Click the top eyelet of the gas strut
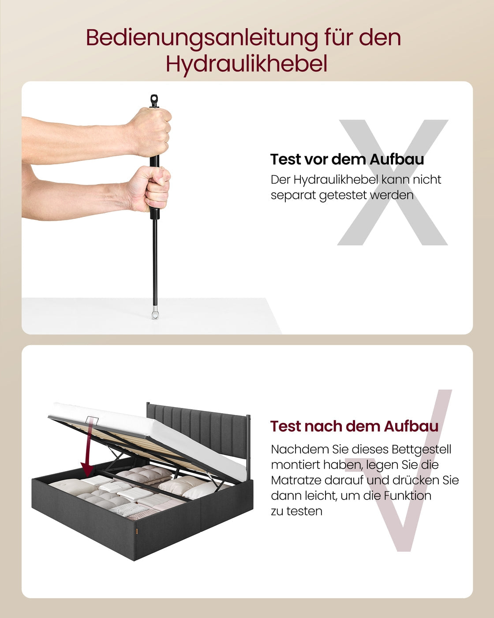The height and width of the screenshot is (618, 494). (154, 100)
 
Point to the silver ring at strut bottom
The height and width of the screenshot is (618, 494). (155, 315)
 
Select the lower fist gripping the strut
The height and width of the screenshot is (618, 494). (149, 188)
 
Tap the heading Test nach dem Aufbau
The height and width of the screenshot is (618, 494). (354, 426)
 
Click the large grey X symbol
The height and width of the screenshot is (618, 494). (393, 182)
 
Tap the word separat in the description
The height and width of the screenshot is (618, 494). (293, 195)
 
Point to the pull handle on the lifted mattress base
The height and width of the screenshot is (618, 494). (92, 420)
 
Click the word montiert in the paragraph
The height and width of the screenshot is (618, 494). (295, 465)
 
